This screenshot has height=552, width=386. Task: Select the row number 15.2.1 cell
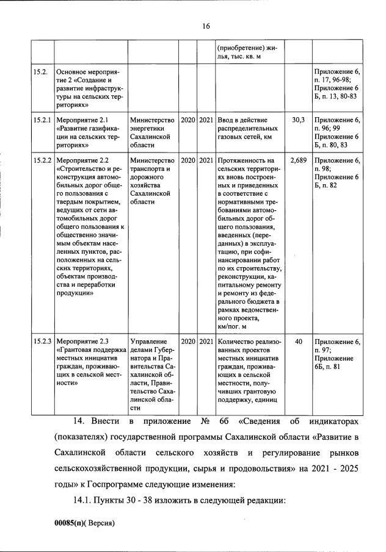click(42, 120)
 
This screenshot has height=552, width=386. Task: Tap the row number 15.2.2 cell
click(42, 160)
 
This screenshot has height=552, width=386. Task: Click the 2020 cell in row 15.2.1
click(188, 120)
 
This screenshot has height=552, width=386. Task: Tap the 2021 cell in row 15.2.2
click(206, 160)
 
